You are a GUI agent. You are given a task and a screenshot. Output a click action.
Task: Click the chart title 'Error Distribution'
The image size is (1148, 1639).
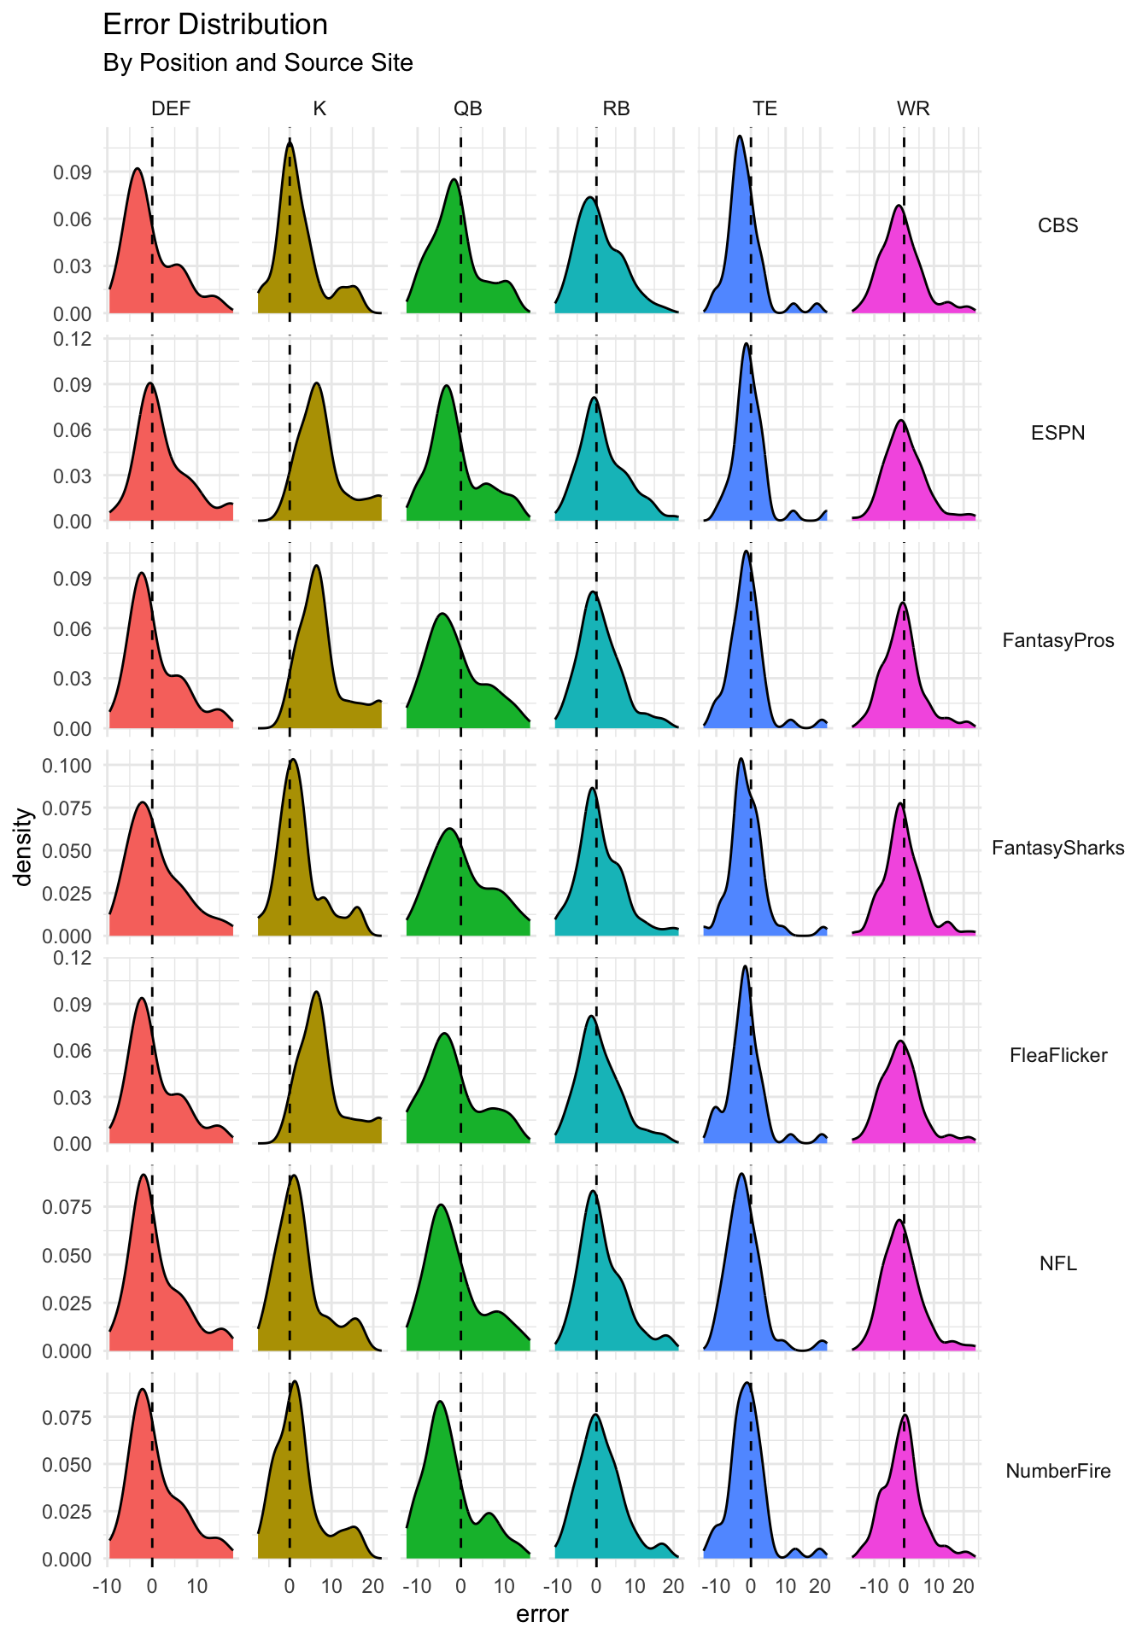[214, 25]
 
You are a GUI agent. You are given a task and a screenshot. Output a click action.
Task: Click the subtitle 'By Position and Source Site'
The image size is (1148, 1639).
[257, 63]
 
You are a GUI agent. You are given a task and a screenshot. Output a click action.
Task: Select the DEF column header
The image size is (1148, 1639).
[171, 108]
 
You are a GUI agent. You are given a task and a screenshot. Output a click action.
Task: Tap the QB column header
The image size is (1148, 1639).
[467, 108]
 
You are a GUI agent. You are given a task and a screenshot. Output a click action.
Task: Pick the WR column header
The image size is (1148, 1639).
[913, 108]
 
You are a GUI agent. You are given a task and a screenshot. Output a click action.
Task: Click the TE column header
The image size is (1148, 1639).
[764, 108]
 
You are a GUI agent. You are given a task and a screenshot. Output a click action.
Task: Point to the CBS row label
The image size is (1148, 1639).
[1057, 225]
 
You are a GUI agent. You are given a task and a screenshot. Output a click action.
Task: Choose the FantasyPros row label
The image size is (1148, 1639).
[1057, 640]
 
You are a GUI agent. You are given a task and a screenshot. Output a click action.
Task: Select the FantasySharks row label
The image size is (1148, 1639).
[1057, 848]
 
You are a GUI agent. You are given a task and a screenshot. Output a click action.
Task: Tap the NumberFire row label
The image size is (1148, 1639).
[1057, 1471]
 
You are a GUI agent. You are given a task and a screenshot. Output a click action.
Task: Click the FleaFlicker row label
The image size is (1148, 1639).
[1057, 1055]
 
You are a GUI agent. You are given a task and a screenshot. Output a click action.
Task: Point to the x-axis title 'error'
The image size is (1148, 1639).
[542, 1614]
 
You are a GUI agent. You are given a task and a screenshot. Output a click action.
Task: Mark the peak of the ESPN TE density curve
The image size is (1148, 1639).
[746, 343]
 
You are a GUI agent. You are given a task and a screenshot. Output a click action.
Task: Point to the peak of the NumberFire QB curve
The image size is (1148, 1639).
[440, 1402]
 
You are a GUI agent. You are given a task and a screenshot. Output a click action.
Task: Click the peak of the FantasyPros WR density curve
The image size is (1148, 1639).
[903, 604]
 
